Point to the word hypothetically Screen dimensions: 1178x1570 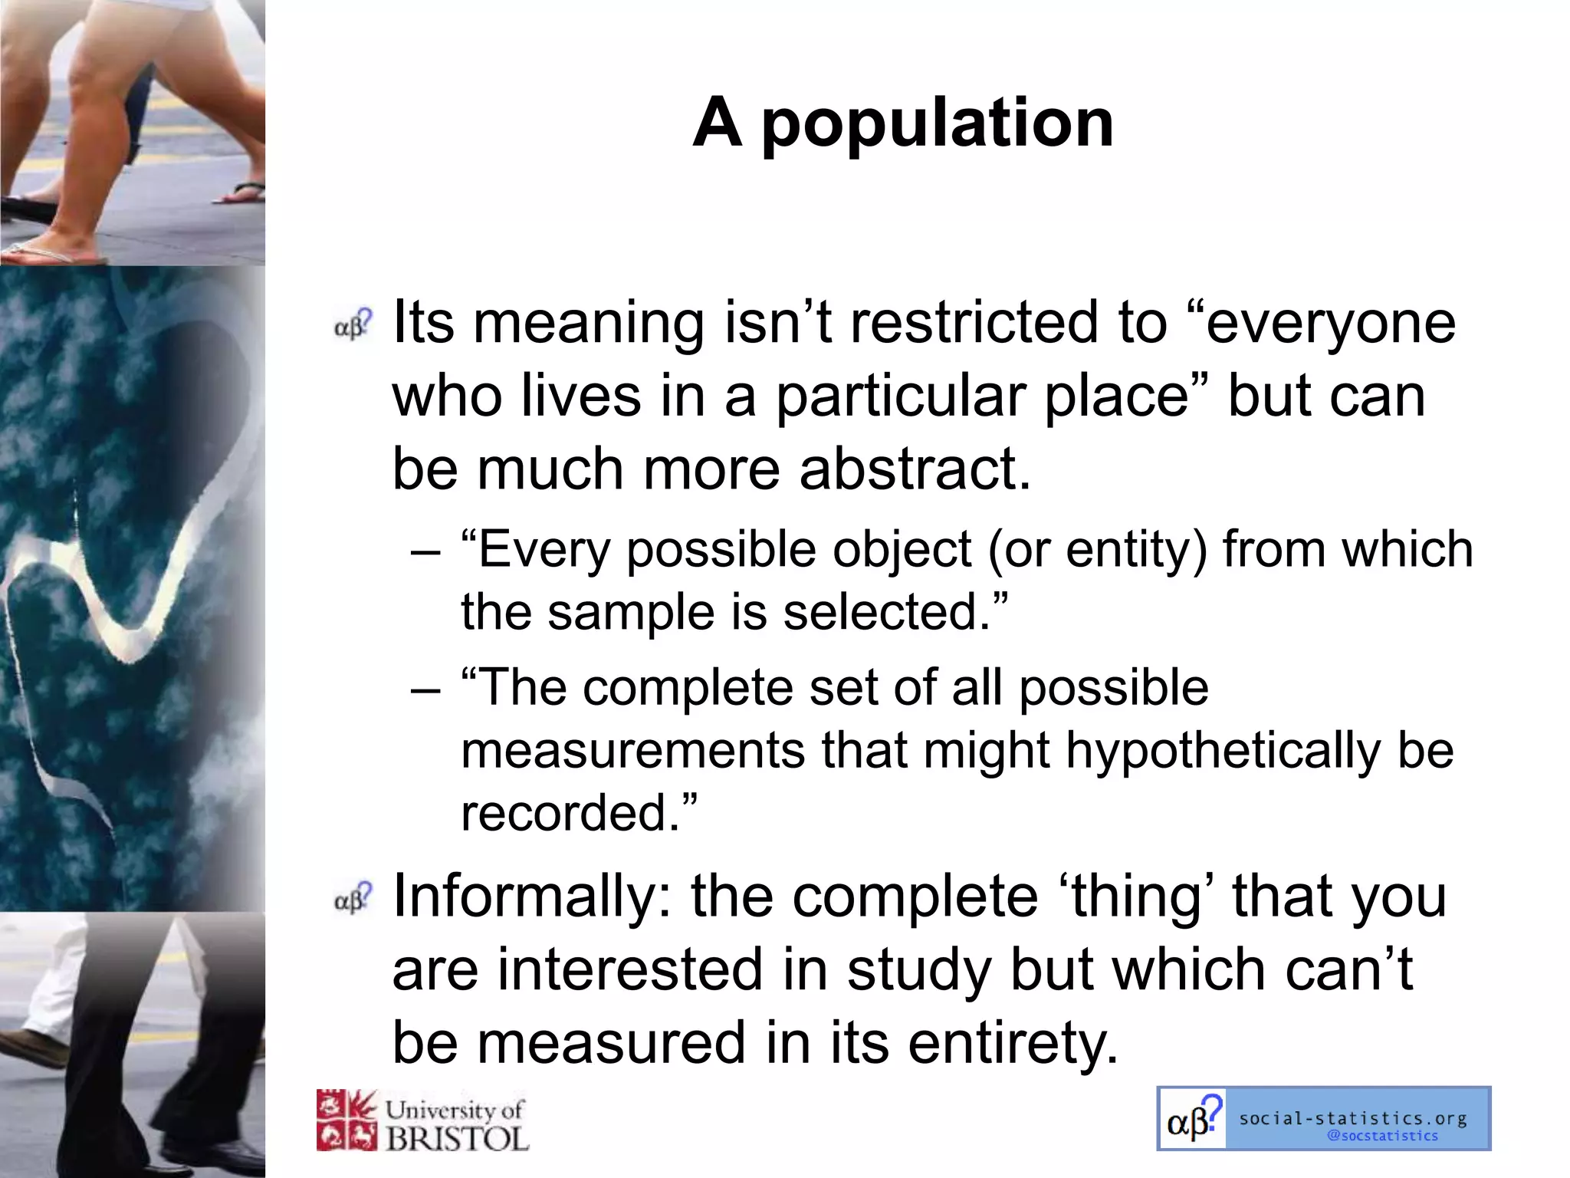click(1223, 750)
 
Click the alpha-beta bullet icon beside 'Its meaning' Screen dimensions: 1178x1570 click(353, 325)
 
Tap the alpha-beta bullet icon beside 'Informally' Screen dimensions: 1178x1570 click(353, 899)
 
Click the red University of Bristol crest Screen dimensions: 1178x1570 click(347, 1120)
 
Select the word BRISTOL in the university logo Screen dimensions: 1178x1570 click(457, 1138)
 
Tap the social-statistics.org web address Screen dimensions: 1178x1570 click(1353, 1118)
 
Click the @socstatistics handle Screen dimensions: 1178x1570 click(1382, 1136)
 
